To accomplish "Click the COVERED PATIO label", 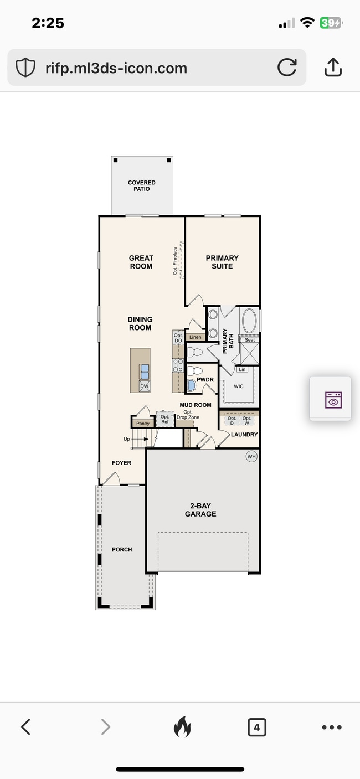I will (142, 185).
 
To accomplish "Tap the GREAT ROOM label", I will (141, 262).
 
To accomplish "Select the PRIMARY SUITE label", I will (222, 262).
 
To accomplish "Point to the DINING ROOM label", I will (140, 323).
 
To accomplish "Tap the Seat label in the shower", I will (250, 340).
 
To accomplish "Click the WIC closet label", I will (239, 386).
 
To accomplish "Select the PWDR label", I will (205, 380).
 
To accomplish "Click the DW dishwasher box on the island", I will (144, 386).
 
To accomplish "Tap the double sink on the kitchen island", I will (144, 370).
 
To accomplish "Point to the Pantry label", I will (143, 424).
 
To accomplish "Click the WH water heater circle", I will (252, 457).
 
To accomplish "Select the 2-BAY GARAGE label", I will (200, 510).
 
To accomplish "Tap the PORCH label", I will (122, 549).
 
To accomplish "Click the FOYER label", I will (121, 463).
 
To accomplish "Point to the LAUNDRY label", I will (244, 435).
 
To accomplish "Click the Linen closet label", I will (195, 337).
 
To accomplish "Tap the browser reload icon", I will (287, 68).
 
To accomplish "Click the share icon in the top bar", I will (332, 68).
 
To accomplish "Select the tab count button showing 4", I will (256, 727).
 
